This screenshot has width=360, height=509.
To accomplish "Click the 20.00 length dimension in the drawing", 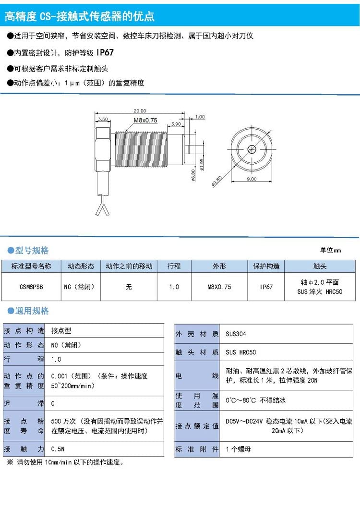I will coord(140,111).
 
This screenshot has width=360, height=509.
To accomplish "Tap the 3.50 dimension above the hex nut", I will coord(103,119).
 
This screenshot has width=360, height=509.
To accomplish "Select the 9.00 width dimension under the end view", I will coord(252,179).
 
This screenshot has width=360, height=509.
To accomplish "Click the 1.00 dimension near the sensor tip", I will coord(200,117).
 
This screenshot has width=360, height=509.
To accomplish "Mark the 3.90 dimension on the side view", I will coord(176,124).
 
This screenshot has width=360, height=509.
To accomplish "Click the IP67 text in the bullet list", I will coord(105,52).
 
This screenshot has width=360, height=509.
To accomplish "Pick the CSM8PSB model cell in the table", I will coord(31,287).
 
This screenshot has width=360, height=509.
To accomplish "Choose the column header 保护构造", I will coord(266,266).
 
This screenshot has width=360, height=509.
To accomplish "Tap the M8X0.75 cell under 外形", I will coord(219,287).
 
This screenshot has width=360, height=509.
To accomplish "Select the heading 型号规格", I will coord(32,250).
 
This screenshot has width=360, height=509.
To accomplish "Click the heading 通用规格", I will coord(32,311).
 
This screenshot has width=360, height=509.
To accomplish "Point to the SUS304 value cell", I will coord(236,334).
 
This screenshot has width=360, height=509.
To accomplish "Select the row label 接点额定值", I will coord(197,425).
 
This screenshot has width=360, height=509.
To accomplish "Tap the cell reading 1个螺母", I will coord(239,449).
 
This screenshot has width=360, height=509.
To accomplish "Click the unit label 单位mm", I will coord(330,250).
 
